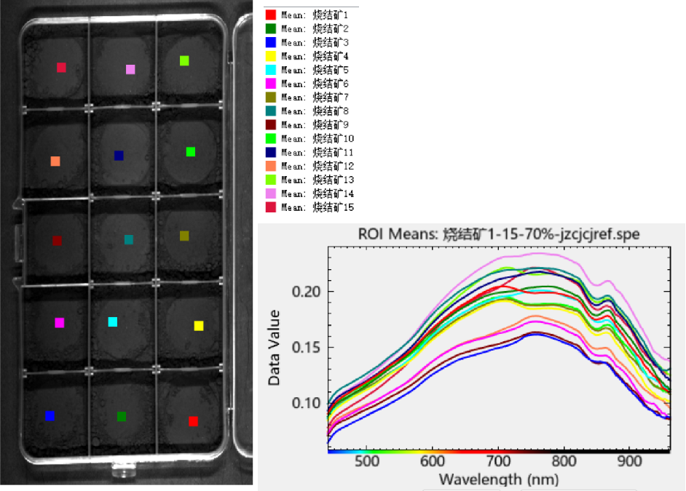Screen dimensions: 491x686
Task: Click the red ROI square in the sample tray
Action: [x=193, y=421]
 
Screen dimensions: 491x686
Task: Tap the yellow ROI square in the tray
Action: [x=199, y=326]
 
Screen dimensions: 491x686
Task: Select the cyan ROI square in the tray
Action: [x=113, y=322]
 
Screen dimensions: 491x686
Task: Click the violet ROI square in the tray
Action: [x=130, y=70]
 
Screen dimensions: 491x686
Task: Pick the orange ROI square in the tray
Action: [x=55, y=161]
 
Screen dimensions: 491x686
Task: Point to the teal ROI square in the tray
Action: [x=129, y=239]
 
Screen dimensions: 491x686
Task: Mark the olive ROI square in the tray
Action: [x=184, y=236]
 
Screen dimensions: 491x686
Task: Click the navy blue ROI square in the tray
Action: [x=119, y=156]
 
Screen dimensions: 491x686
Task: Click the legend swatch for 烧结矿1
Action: [x=270, y=15]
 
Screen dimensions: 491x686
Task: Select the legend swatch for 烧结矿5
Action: [x=270, y=70]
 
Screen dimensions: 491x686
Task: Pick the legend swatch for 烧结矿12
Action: [x=270, y=166]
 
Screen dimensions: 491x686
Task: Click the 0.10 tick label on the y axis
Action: [x=307, y=403]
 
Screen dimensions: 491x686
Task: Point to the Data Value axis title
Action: [x=275, y=348]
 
